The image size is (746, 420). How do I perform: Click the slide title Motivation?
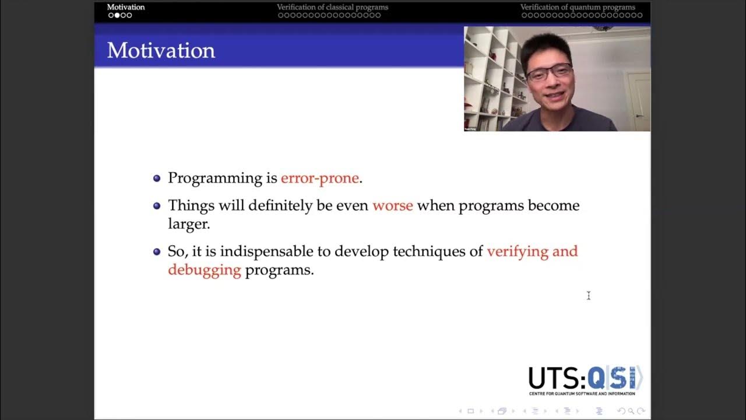[161, 51]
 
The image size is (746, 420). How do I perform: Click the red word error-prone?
[319, 178]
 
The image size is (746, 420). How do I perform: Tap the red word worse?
[392, 205]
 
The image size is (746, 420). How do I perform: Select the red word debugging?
[204, 270]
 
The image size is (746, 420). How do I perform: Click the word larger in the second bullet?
[188, 223]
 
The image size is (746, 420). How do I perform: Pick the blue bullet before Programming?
[156, 178]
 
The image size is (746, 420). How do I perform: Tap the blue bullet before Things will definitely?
[156, 206]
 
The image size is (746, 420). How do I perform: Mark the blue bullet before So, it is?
[156, 252]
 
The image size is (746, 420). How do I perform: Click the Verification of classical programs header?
[332, 8]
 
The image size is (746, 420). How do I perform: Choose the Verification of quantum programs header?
[578, 8]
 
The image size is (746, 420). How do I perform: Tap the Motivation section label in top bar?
[126, 8]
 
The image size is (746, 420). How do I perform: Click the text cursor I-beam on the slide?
[589, 296]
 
